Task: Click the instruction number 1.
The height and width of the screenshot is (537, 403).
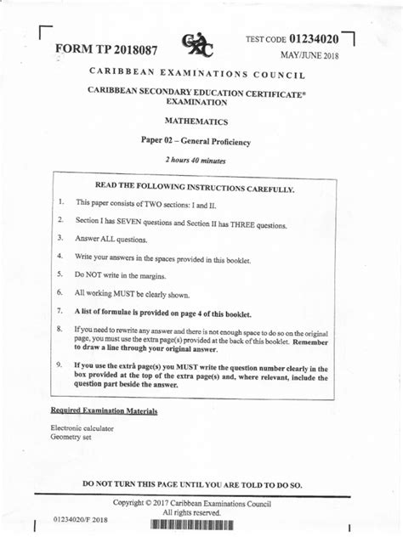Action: coord(61,202)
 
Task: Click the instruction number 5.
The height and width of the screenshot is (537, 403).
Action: coord(61,274)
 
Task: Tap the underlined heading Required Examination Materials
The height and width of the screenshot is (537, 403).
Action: coord(104,411)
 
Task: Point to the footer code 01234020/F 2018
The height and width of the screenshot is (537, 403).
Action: coord(81,518)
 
